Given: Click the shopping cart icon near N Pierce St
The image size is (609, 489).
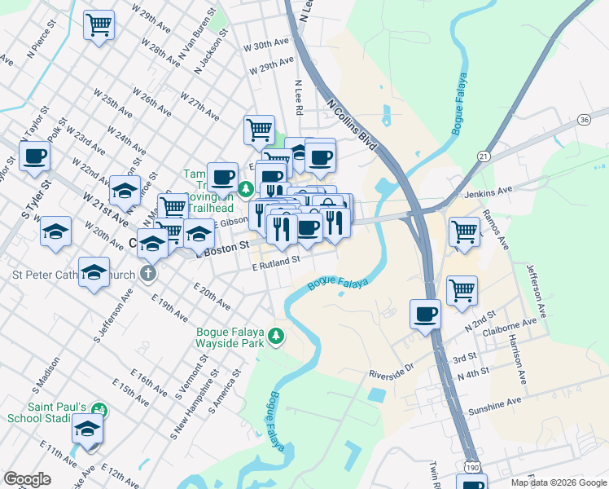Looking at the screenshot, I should pos(99,25).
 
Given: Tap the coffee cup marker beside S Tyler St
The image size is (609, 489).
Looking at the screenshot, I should pos(34,156).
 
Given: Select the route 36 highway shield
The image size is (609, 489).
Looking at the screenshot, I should pos(584,120).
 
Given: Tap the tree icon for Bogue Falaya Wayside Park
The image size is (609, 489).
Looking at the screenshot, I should pos(277,336).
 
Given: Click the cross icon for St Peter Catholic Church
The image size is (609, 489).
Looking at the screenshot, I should pos(147,273).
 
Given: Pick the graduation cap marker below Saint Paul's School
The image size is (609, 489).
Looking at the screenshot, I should pos(87,428).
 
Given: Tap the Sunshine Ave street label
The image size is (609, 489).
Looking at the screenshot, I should pos(492,403).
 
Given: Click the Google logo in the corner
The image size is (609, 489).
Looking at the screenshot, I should pos(27,479).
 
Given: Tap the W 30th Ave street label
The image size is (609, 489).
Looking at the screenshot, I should pos(266,43).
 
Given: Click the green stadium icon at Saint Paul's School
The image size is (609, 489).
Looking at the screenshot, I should pos(99,407).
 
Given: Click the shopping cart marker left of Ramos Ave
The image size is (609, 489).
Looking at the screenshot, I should pos(464,231).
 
